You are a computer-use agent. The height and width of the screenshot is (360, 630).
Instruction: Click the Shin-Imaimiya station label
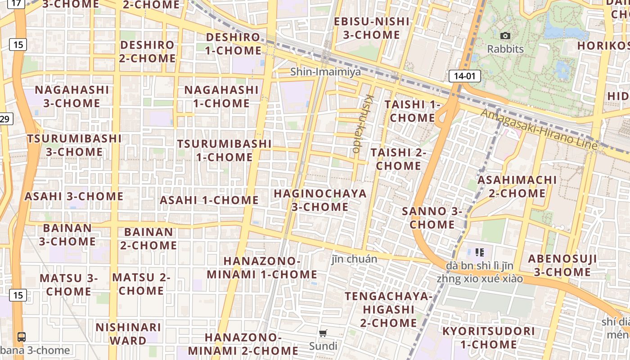(325, 72)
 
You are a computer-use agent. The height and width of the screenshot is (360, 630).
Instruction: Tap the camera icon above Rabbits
(505, 36)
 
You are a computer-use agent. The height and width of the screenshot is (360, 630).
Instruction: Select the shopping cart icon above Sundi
(323, 333)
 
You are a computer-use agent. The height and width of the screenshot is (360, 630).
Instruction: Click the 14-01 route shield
(464, 76)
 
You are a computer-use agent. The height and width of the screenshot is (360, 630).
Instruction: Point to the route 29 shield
(5, 119)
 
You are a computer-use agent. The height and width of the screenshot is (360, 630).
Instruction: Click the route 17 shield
(17, 4)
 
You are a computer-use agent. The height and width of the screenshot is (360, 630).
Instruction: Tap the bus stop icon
(21, 337)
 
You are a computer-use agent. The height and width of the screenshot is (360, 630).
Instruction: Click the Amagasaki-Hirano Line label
(539, 129)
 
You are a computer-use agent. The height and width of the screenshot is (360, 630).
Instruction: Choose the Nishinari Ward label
(128, 333)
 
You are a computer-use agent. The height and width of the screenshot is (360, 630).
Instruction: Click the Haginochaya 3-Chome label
(320, 200)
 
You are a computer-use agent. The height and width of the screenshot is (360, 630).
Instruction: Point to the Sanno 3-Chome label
(432, 217)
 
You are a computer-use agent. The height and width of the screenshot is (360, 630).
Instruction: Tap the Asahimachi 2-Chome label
(517, 186)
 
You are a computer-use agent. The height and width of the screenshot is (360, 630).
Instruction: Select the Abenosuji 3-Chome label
(562, 265)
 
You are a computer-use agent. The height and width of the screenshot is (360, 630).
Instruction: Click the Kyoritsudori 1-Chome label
(489, 337)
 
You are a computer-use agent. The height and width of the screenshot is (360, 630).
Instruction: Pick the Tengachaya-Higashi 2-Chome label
(388, 309)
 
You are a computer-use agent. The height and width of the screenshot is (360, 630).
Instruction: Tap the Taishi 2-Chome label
(399, 159)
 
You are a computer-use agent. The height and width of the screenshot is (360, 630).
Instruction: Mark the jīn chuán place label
(354, 259)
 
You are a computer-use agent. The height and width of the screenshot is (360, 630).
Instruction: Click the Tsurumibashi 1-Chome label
(224, 150)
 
